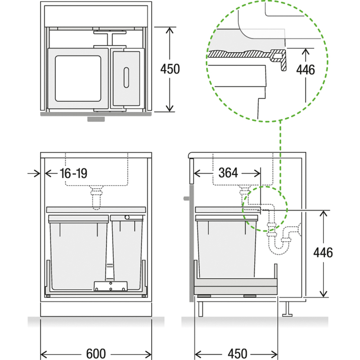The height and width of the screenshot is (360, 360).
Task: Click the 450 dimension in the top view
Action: click(x=170, y=69)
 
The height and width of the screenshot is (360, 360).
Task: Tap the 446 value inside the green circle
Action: click(x=306, y=70)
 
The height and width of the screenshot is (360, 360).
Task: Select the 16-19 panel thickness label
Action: click(x=73, y=173)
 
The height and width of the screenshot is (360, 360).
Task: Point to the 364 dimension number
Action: click(x=228, y=173)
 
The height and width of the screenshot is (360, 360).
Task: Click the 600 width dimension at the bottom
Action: click(x=96, y=354)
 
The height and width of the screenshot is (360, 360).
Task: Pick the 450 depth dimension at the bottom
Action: click(x=238, y=354)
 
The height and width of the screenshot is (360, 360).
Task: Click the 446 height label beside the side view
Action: click(x=323, y=252)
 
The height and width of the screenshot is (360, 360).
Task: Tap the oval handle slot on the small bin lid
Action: click(x=126, y=77)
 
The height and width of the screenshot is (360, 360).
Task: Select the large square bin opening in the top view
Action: click(x=78, y=78)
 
